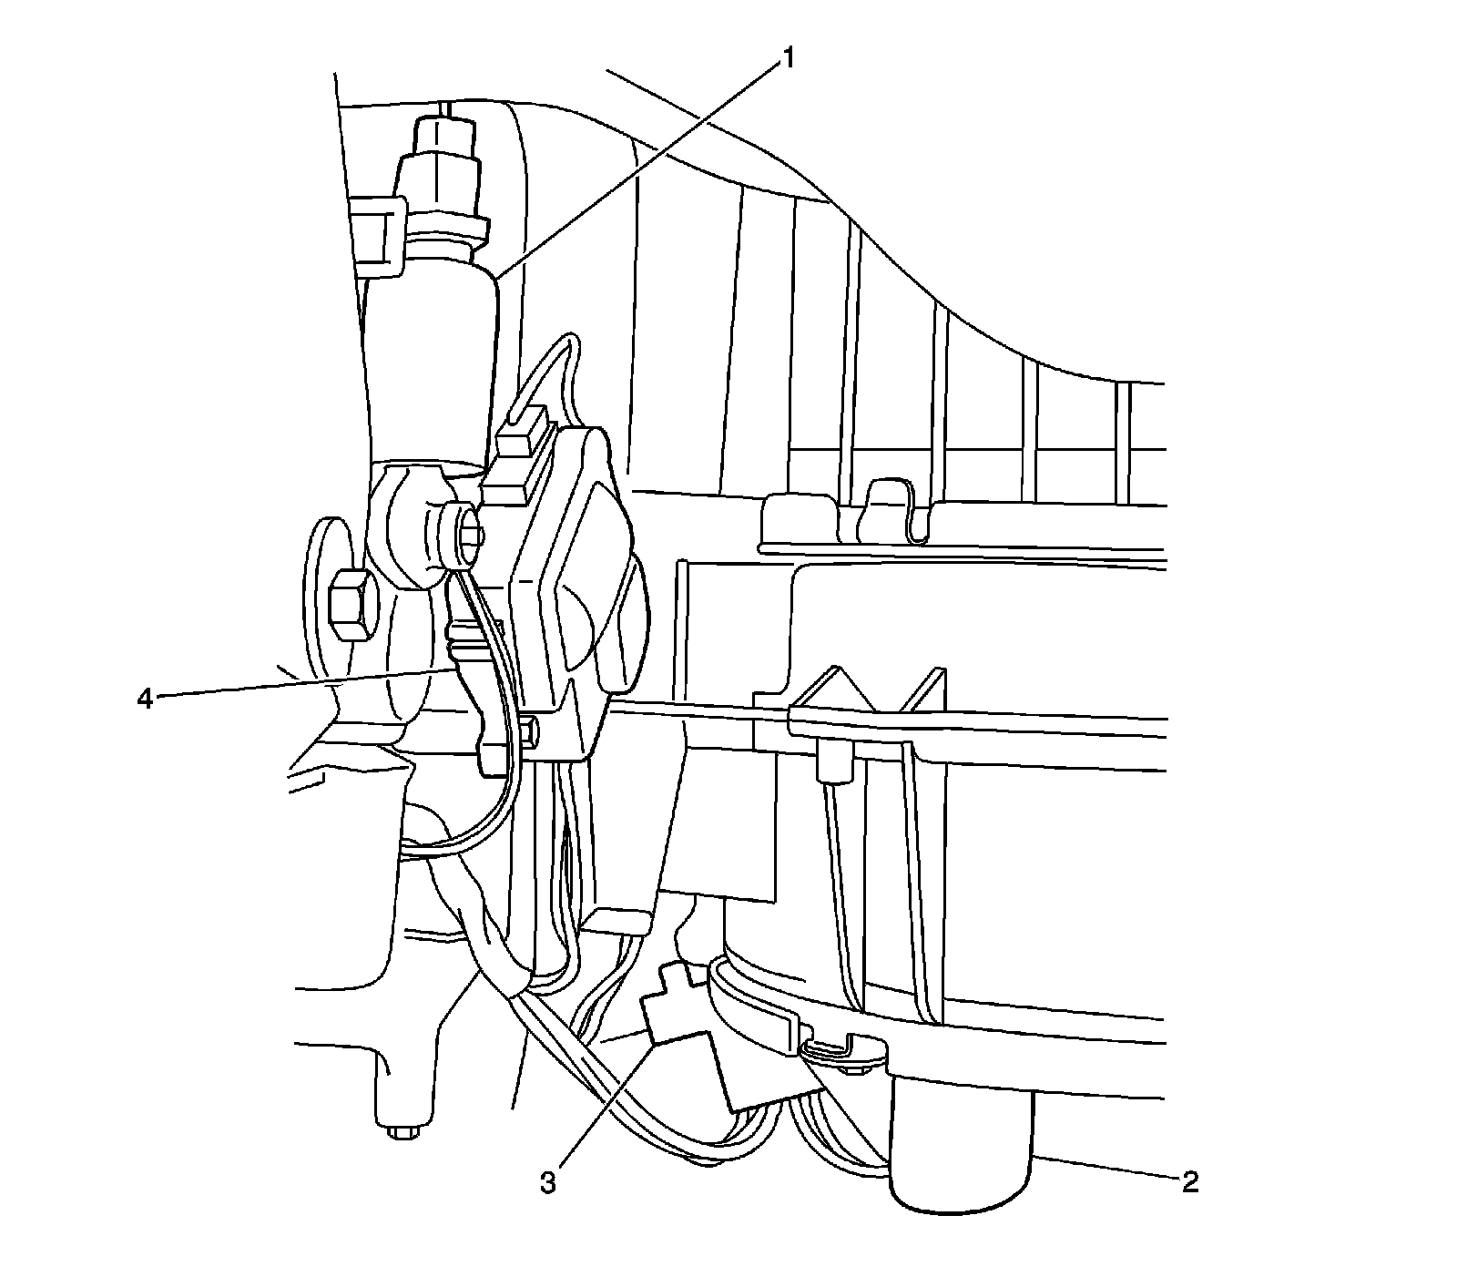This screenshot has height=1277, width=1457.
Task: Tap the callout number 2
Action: click(1190, 1182)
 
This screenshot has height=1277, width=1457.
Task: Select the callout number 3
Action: click(548, 1182)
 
